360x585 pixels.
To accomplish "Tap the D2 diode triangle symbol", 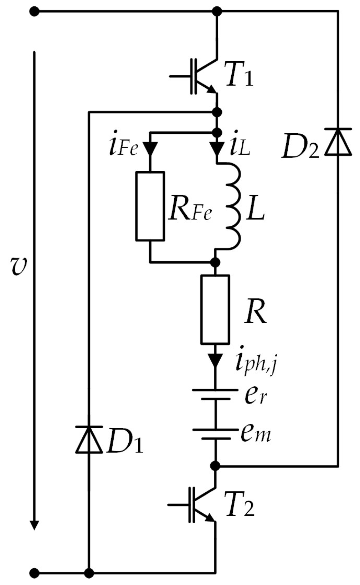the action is (338, 142).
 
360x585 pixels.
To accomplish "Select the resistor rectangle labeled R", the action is (215, 309).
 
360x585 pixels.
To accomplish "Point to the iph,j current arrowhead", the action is (215, 361).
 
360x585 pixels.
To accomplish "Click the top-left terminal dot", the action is (34, 12).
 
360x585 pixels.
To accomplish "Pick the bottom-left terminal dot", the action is (34, 574).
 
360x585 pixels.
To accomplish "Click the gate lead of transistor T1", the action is (180, 77).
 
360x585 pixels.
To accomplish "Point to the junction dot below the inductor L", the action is (215, 262).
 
